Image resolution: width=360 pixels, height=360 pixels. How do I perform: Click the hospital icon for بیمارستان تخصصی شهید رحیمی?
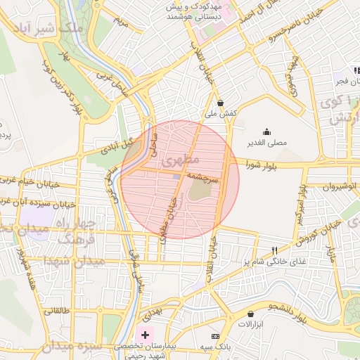tap(146, 334)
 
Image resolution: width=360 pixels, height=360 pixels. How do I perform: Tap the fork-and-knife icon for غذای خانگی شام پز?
tap(275, 250)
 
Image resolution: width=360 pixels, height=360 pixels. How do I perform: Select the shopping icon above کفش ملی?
tap(220, 102)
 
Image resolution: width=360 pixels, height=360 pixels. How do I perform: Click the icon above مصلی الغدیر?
tap(266, 131)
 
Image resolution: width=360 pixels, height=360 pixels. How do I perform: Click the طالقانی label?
tap(56, 310)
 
